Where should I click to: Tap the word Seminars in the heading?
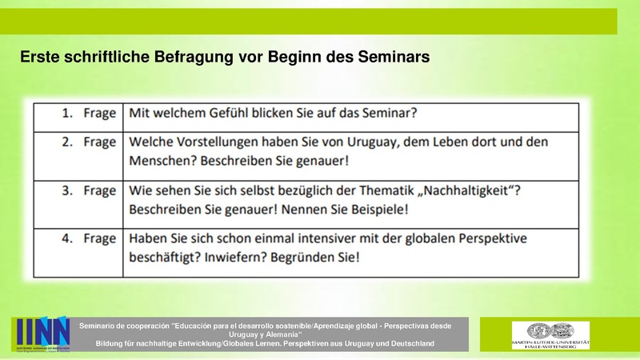(x=390, y=57)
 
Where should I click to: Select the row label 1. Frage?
(x=89, y=114)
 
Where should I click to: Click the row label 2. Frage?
(x=89, y=142)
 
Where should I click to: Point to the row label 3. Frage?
(x=89, y=190)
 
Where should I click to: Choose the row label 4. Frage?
(x=89, y=238)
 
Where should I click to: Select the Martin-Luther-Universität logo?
(x=550, y=334)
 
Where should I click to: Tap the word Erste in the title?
(x=38, y=57)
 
